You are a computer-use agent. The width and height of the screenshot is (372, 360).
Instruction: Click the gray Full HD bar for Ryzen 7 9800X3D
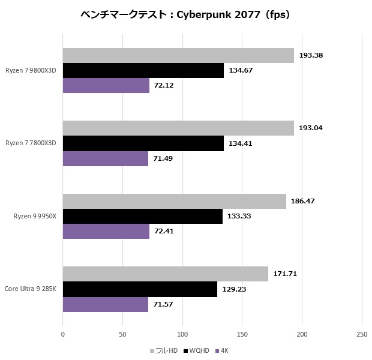pos(178,55)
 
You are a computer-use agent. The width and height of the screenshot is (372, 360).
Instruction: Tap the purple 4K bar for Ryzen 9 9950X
pos(106,231)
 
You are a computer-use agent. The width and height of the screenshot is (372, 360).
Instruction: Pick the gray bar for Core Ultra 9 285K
pos(165,274)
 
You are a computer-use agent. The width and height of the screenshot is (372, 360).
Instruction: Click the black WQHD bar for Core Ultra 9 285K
pos(140,289)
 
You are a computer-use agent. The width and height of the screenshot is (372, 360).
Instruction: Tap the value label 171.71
pos(285,274)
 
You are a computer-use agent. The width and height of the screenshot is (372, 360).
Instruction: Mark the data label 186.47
pos(303,201)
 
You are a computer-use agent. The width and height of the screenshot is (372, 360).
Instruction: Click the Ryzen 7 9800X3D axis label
pos(31,70)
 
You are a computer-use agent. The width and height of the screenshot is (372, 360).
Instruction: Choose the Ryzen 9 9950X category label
pos(31,216)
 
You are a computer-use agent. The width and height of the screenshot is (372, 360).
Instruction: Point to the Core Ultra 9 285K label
pos(31,289)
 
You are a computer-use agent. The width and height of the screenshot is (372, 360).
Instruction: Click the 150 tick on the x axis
pos(242,334)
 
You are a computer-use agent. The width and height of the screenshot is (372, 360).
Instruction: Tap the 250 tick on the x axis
pos(361,334)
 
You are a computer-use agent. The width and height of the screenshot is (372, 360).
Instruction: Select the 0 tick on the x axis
pos(63,334)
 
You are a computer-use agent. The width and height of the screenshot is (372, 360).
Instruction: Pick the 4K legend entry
pos(224,350)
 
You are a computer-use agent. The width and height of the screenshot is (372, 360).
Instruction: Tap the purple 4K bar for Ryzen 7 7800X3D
pos(105,158)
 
